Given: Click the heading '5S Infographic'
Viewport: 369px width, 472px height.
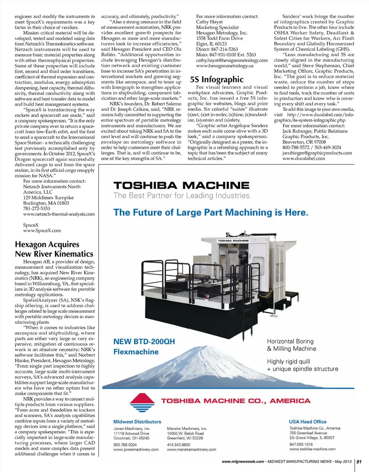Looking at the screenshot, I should coord(217,80).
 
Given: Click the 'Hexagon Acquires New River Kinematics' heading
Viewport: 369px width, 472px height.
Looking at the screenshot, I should coord(53,249).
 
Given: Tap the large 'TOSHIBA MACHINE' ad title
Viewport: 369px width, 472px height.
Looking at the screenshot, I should coord(181,186).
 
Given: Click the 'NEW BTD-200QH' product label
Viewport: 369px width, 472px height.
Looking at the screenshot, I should coord(144,341).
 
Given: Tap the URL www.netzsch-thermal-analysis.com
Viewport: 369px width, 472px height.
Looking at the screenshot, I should coord(59,214).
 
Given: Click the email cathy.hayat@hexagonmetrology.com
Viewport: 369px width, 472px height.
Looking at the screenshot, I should coord(232,60).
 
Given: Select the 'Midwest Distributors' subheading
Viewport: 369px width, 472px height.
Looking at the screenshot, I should coord(137,422).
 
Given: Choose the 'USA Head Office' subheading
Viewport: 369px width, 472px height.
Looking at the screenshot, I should coord(308,422).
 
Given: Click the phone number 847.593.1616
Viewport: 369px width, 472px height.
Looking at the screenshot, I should coord(301,444).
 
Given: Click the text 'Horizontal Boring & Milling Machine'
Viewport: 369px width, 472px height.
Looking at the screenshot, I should coord(291,345).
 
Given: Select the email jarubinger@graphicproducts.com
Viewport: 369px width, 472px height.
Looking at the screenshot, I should coord(317,152).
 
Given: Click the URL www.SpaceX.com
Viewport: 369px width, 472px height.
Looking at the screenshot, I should coord(42,231).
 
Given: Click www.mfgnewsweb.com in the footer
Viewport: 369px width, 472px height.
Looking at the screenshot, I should coord(243,461).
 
